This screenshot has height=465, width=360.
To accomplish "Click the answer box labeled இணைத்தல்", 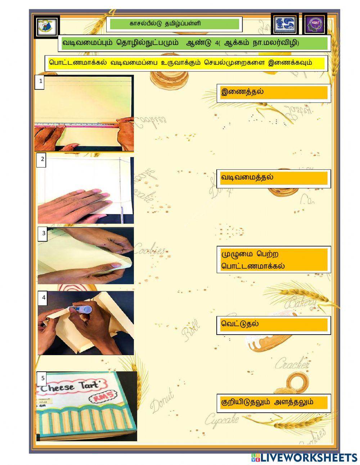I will point(274,93).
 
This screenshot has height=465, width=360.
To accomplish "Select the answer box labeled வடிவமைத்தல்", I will point(274,178).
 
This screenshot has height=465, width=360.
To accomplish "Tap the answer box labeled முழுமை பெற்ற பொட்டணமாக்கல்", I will point(274,260).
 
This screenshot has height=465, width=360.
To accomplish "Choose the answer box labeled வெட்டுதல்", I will point(274,325).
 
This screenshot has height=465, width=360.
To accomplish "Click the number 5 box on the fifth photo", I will point(43,379).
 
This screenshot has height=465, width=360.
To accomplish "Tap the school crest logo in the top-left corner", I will point(47,26).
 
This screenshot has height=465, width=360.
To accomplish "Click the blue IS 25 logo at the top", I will point(285,25).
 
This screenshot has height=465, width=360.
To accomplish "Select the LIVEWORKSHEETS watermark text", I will point(304,457).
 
